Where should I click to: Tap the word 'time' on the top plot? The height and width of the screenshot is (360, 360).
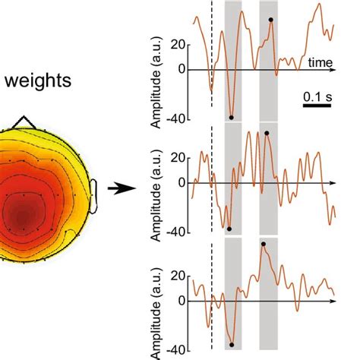[319, 59]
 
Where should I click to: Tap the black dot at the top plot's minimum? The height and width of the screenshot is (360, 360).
[231, 117]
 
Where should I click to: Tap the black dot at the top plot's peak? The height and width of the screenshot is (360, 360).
[270, 20]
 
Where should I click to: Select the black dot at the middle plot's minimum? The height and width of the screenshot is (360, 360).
[229, 229]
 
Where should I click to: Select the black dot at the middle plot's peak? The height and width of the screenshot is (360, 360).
[267, 133]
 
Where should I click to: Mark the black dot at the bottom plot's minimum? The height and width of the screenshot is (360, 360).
[232, 344]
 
